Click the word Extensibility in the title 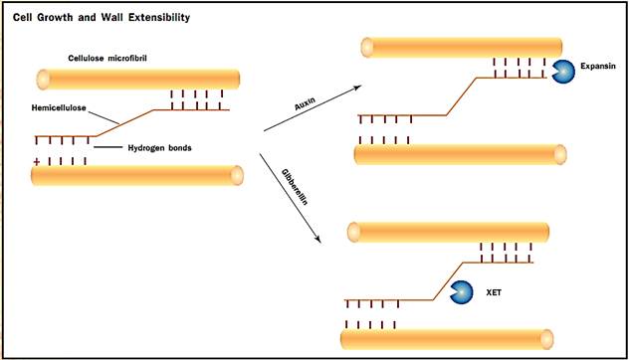point(159,18)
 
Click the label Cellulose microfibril point(107,58)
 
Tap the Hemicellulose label point(59,107)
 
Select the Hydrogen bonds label point(159,148)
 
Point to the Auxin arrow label point(305,103)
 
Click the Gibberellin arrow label point(295,187)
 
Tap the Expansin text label point(598,67)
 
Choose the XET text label point(494,292)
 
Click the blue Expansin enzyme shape point(562,72)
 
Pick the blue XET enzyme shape point(462,291)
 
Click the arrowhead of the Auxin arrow point(359,87)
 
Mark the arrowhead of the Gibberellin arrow point(318,240)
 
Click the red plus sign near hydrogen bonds point(37,162)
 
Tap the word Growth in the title point(54,18)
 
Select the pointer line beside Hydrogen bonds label point(107,147)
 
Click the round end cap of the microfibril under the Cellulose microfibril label point(43,80)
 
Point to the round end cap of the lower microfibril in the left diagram point(237,176)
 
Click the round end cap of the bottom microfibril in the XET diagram point(546,339)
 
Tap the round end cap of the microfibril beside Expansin point(367,48)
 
